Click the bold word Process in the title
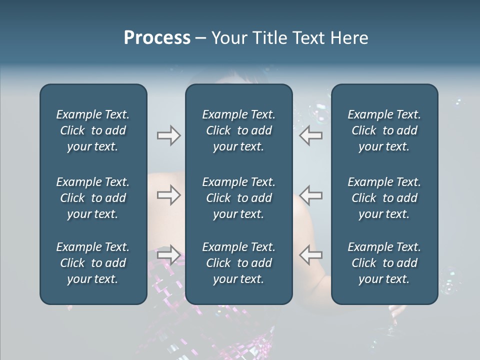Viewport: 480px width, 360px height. click(157, 38)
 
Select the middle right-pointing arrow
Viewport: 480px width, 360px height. click(168, 195)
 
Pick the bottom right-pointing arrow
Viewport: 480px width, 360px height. click(168, 254)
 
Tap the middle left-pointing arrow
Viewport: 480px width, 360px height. click(310, 195)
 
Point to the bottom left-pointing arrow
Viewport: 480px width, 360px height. click(310, 254)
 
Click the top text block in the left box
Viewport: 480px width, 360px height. click(93, 130)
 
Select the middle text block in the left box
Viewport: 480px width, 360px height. click(93, 198)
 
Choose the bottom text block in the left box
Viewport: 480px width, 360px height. click(93, 263)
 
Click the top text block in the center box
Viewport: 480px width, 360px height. click(238, 130)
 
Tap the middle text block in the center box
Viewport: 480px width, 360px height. click(238, 198)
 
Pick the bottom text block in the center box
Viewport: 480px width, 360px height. click(238, 263)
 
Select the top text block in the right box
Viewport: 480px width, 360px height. click(384, 130)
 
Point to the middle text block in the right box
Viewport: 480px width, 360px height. click(384, 198)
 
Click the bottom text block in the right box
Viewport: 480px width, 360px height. click(384, 263)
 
